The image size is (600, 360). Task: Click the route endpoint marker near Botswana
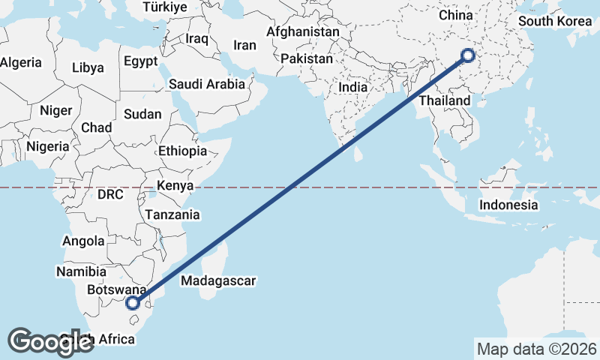point(133,303)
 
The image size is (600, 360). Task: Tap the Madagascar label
point(219,281)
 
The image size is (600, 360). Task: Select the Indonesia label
point(508,205)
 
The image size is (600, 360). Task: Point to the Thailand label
point(445,100)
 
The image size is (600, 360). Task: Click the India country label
point(352,87)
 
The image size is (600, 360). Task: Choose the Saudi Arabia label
point(207,84)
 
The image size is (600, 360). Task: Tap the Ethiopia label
point(182,151)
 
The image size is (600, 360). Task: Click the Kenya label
point(175,185)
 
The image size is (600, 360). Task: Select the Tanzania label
point(173,214)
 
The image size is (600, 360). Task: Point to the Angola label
point(83,241)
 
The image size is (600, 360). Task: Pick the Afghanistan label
point(303,32)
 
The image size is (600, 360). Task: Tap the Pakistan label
point(307,58)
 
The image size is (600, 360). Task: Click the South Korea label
point(556,20)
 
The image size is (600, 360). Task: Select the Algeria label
point(20,63)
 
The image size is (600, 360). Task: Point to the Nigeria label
point(47,147)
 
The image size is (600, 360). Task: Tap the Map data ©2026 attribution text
point(536,349)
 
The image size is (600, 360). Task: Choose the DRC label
point(109,194)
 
